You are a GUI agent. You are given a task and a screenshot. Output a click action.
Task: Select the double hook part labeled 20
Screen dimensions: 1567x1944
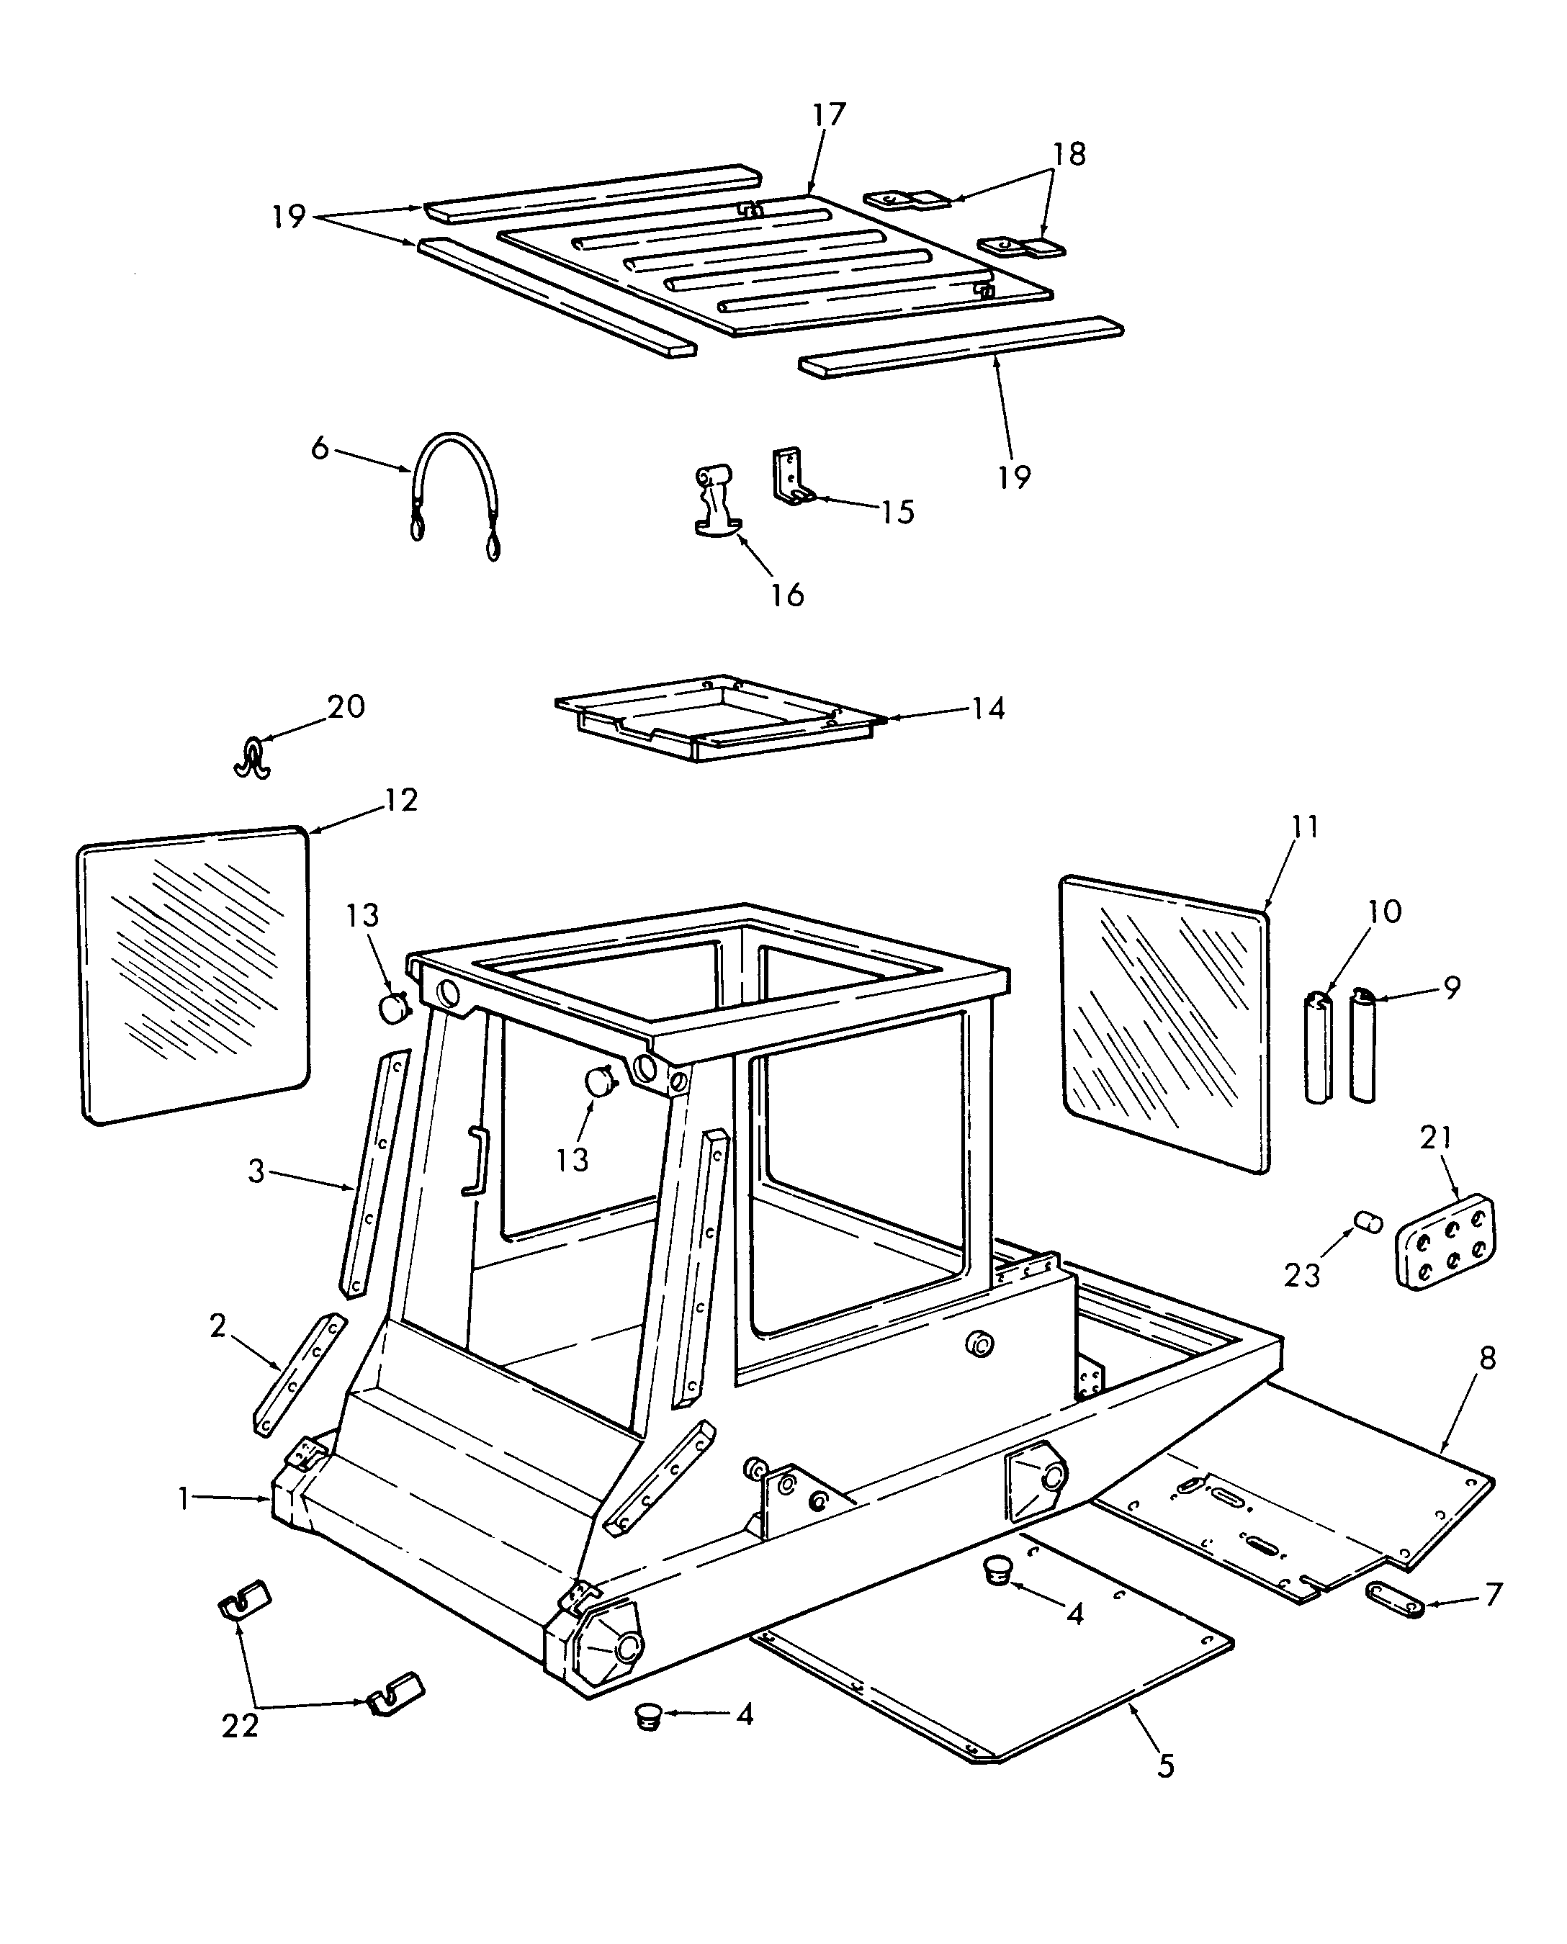point(253,757)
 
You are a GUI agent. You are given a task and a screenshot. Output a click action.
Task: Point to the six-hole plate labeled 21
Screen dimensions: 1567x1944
point(1445,1242)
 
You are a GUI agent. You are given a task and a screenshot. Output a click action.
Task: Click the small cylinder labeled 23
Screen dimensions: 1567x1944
point(1368,1223)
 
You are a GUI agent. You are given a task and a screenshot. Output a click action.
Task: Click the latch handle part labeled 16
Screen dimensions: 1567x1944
point(713,501)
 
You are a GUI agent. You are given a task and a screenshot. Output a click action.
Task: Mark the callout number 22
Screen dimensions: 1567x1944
point(240,1724)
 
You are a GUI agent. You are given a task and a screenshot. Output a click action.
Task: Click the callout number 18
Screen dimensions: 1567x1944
point(1069,153)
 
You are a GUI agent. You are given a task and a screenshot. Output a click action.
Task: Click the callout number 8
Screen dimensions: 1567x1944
point(1488,1382)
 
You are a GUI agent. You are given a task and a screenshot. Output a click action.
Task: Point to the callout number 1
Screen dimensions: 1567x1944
point(184,1499)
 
